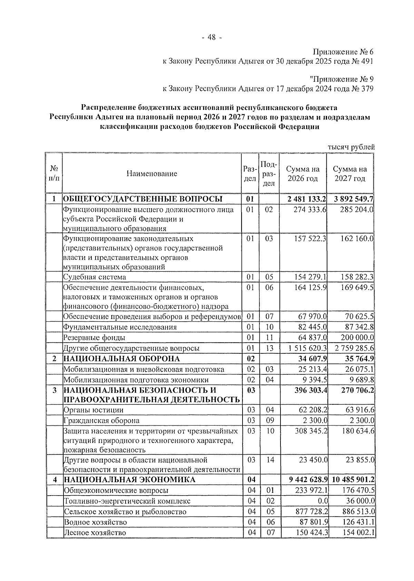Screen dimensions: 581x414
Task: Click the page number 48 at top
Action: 211,37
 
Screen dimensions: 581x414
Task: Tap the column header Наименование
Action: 151,174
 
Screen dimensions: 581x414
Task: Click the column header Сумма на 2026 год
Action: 303,174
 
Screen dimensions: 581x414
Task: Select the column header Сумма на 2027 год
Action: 350,174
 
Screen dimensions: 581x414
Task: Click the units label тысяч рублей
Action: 351,147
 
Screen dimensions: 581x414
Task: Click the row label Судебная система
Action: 95,277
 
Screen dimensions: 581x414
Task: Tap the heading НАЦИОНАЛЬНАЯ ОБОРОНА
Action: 121,359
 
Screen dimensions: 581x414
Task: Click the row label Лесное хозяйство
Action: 95,533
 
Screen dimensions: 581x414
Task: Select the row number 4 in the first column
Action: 54,480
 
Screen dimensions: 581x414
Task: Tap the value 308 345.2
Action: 309,431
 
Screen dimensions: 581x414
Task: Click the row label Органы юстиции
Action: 93,410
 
